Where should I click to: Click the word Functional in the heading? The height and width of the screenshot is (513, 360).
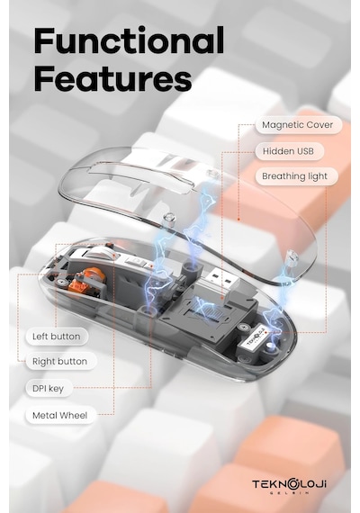pos(129,40)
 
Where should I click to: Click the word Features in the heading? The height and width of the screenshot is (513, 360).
pos(112,78)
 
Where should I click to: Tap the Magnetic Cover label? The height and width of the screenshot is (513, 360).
pos(298,125)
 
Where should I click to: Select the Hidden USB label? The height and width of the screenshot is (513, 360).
pos(289,151)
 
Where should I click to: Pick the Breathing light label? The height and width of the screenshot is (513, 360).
pos(295,176)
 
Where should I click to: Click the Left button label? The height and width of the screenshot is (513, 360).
pos(57,337)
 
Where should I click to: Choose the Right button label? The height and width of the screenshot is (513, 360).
pos(60,362)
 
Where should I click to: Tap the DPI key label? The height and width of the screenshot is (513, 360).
pos(49,388)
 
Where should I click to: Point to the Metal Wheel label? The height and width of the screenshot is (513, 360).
pos(60,416)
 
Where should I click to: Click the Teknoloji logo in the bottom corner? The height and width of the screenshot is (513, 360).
pos(289,486)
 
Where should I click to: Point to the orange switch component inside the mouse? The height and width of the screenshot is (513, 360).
pos(90,277)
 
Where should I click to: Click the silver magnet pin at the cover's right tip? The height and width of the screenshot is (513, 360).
pos(291,258)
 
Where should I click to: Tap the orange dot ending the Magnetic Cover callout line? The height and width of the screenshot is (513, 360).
pos(238,220)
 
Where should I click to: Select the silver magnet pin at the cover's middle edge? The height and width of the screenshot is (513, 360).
pos(169,220)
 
